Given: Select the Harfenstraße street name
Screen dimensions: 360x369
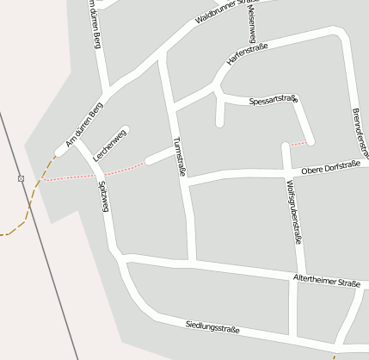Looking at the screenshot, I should (247, 53).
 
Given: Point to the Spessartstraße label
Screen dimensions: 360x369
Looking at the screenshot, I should (273, 101).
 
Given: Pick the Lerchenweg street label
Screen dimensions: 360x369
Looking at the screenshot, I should (110, 146).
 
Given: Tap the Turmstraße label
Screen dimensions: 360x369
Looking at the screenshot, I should (180, 156).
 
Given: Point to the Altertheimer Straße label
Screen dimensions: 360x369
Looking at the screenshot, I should (326, 280).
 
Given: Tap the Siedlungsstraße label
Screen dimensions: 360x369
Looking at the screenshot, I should (212, 326).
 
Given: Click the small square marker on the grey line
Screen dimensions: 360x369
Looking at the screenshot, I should (21, 178).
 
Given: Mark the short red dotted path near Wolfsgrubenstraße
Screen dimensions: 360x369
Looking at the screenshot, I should (297, 142).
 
